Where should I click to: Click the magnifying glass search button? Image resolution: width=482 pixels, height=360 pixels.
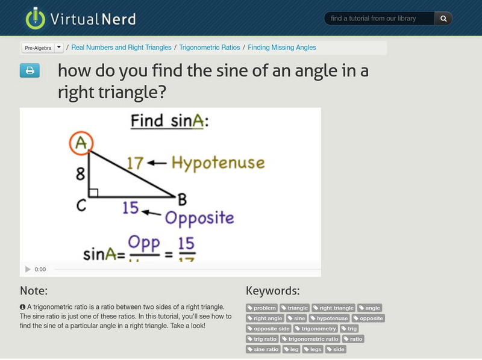(443, 19)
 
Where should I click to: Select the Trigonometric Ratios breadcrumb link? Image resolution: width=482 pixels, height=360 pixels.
(209, 48)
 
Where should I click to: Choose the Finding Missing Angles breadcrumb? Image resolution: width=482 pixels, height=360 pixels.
(281, 48)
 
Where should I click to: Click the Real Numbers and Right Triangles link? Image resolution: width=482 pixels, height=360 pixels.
(122, 48)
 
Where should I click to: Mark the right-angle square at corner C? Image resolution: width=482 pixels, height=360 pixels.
(94, 193)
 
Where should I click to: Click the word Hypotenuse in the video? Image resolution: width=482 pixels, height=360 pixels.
(218, 162)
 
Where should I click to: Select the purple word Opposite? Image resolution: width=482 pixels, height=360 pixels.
(199, 217)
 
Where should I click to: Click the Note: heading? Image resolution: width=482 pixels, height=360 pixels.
(34, 291)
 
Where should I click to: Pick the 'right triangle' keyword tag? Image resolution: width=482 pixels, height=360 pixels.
(333, 308)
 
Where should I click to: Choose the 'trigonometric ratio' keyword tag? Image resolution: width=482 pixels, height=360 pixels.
(310, 339)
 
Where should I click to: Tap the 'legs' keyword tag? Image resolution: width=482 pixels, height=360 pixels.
(313, 349)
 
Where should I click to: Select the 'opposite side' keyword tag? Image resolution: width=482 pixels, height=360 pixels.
(268, 329)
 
